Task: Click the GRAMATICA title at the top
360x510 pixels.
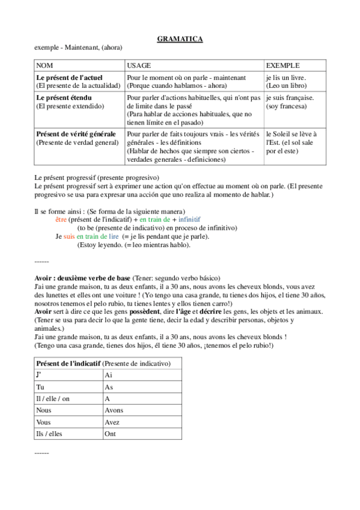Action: pos(180,39)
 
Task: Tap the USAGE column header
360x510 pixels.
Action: pos(139,65)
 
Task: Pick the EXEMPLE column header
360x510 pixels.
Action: pos(282,65)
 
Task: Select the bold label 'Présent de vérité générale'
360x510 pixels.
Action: pos(76,134)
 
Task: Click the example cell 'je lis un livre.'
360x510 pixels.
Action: pos(285,78)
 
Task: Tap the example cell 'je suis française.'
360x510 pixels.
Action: pos(290,97)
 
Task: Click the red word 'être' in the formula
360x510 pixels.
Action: pos(61,220)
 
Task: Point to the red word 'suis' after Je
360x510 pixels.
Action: pos(69,237)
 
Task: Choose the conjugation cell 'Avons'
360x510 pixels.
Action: pos(114,410)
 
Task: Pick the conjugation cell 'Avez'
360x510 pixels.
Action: pos(112,422)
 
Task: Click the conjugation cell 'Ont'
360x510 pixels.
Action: pos(110,434)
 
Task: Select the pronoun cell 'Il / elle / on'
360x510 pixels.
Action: pos(53,399)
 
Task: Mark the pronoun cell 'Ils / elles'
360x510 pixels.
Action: pos(49,434)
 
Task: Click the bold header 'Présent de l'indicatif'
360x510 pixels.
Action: pos(68,364)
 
